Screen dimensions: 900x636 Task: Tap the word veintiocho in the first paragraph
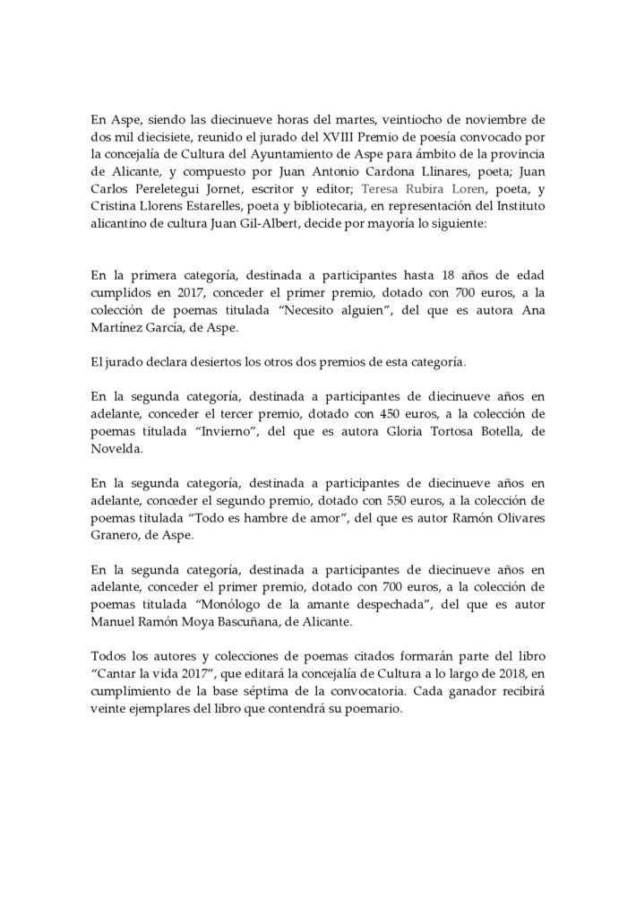[x=409, y=117]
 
